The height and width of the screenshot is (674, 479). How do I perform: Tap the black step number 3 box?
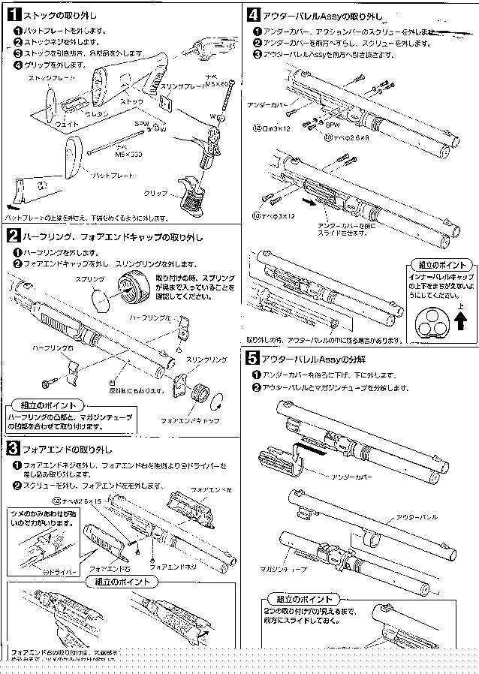(13, 450)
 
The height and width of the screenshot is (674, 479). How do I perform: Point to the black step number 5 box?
(254, 358)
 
